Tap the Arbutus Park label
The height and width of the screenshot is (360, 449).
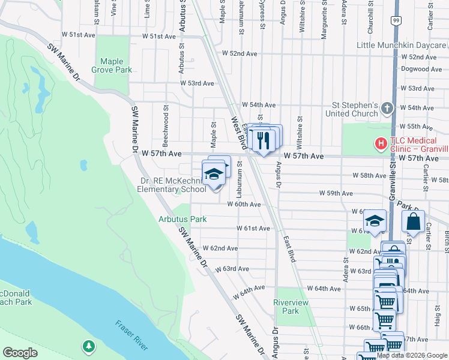pos(182,219)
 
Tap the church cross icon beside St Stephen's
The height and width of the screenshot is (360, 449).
pos(387,109)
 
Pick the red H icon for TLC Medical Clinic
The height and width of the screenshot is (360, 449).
pos(380,144)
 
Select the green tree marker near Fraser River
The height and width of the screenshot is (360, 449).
pos(89,346)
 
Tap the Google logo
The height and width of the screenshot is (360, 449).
pos(20,353)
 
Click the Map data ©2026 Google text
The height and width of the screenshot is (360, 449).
pos(412,355)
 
